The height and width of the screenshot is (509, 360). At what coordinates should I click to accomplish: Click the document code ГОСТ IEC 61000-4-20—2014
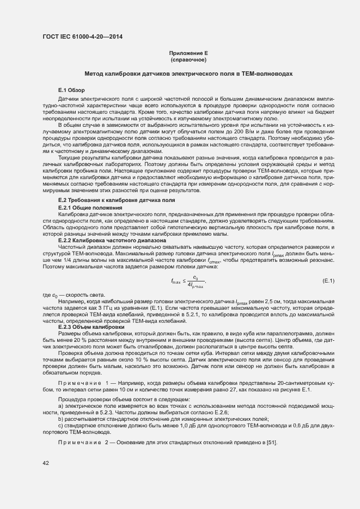tap(82, 36)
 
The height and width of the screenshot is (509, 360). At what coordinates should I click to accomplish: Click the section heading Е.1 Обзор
tap(70, 89)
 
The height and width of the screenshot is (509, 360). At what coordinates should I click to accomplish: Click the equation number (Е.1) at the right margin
tap(328, 280)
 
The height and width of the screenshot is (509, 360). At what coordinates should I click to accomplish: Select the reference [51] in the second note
tap(272, 441)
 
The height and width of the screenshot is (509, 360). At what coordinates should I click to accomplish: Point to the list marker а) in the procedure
tap(60, 407)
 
